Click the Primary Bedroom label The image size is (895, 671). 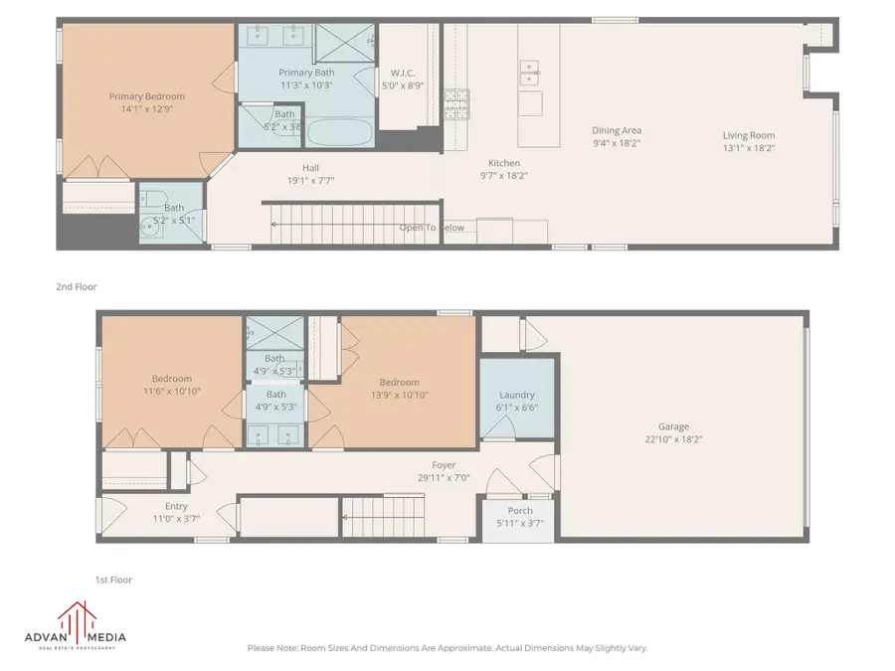(146, 96)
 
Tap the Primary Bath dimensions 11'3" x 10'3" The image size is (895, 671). (305, 85)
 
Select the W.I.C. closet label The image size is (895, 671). (403, 72)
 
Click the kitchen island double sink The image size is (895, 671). (529, 69)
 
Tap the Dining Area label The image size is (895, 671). (617, 130)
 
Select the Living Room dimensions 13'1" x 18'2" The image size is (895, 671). (748, 148)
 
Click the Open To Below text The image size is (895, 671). (432, 228)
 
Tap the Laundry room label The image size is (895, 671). (517, 395)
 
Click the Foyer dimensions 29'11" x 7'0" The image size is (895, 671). (444, 477)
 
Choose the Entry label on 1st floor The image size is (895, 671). (176, 506)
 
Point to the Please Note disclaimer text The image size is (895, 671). (447, 648)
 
